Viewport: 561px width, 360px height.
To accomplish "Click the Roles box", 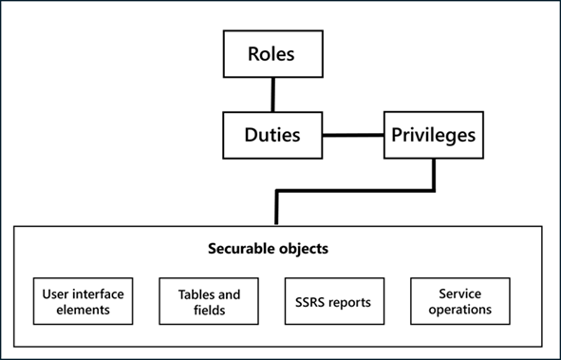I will [271, 54].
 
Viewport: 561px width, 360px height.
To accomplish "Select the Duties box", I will [271, 135].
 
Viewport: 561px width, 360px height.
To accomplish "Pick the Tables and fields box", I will [207, 301].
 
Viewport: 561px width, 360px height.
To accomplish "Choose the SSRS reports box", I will [334, 301].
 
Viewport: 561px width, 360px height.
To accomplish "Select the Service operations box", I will [459, 301].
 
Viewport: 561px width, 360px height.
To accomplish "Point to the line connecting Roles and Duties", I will [272, 94].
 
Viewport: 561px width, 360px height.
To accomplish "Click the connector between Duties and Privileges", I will [352, 135].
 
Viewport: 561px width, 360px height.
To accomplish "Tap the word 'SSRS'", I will [313, 302].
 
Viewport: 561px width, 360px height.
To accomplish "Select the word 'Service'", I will [459, 294].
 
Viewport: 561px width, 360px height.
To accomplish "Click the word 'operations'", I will [459, 309].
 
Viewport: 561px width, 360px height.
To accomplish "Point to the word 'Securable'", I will [242, 250].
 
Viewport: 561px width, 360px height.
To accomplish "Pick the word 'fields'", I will [207, 309].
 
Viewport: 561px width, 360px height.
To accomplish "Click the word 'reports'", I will [349, 302].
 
